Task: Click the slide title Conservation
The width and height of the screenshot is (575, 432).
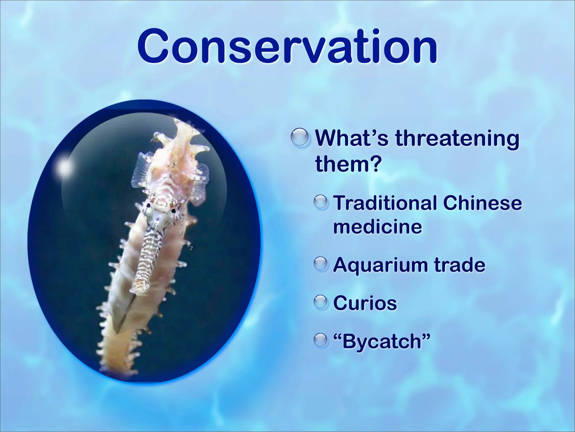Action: point(287,46)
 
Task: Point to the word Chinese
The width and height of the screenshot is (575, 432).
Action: point(482,203)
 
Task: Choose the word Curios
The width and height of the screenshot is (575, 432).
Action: point(365,303)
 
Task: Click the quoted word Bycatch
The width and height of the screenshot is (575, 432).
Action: point(382,341)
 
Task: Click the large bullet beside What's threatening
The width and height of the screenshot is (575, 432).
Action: point(300,138)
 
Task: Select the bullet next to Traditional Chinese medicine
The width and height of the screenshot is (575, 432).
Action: point(321,203)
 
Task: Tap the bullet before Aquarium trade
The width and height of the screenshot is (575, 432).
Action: point(321,265)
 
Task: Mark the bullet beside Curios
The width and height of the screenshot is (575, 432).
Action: point(321,303)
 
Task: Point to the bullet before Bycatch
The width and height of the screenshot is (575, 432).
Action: point(321,340)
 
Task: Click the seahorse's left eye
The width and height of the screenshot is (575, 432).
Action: point(148,206)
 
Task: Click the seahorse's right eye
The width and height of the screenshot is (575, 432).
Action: point(174,210)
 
